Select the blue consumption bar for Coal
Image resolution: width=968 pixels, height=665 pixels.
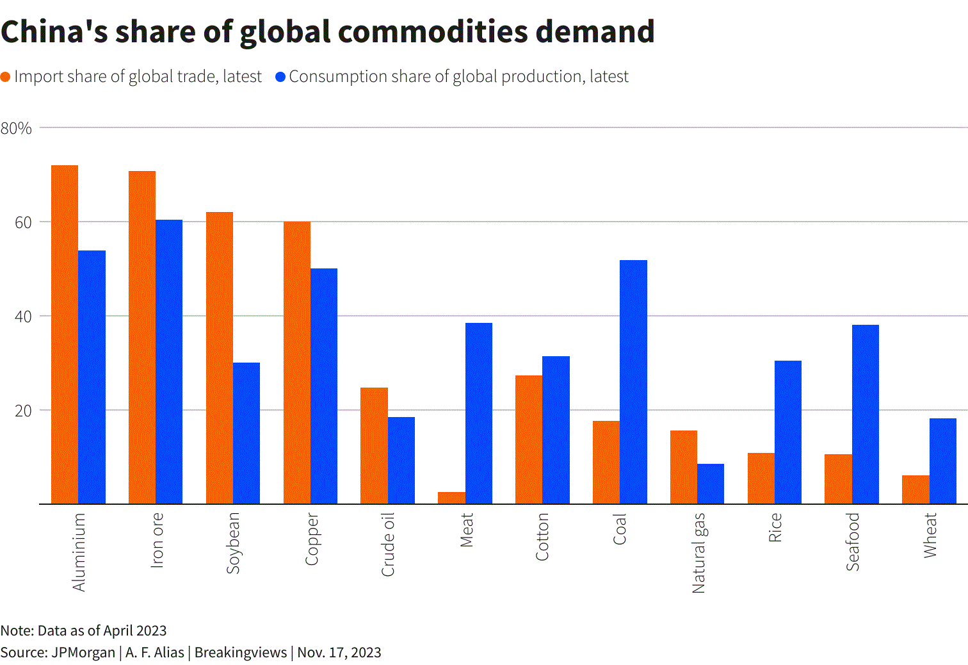[633, 382]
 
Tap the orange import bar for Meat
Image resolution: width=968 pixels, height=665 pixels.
[451, 498]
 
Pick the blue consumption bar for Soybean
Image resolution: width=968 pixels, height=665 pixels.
[246, 433]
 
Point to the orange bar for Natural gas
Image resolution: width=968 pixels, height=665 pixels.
[684, 467]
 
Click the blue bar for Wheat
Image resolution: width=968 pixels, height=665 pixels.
[942, 461]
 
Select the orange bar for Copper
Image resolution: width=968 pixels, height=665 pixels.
[297, 363]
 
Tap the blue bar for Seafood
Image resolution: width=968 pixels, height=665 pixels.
[865, 414]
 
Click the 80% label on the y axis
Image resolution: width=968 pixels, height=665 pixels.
[16, 128]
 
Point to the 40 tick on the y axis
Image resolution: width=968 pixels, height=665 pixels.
[23, 316]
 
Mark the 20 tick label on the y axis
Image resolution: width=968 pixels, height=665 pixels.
[23, 411]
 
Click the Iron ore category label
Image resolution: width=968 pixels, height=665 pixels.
[157, 540]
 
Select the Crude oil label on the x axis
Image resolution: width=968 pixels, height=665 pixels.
[388, 545]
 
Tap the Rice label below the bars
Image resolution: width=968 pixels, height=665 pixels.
[775, 528]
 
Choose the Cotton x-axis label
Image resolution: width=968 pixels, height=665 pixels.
[542, 537]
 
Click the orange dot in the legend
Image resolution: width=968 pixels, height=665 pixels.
[6, 77]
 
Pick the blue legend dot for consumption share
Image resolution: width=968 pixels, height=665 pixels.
[280, 77]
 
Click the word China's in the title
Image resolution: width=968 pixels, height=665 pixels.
[54, 31]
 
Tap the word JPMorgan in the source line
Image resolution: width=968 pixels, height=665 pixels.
[83, 652]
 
